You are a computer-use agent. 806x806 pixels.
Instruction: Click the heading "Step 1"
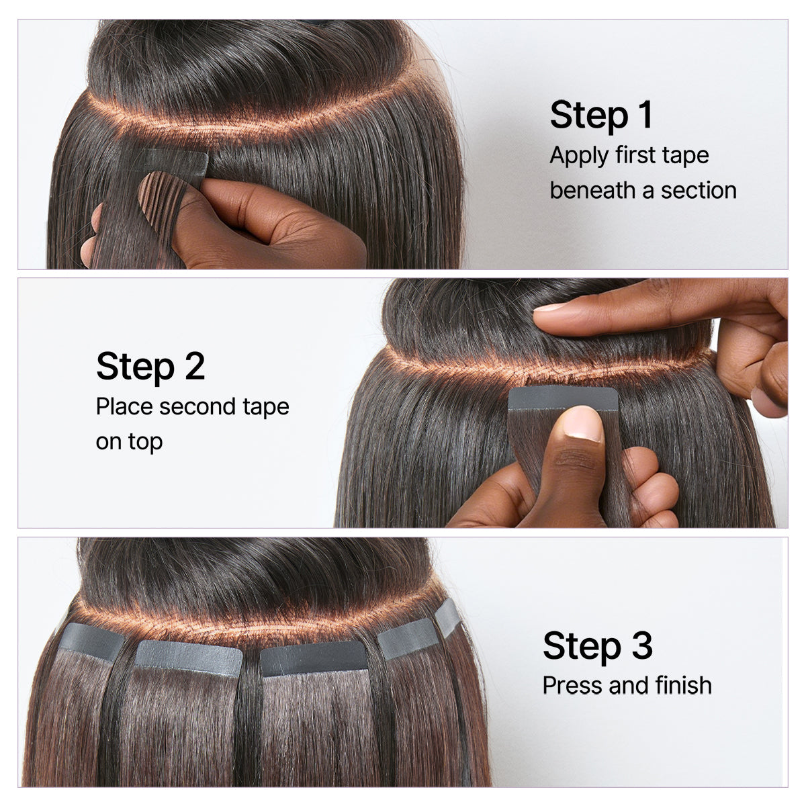click(601, 115)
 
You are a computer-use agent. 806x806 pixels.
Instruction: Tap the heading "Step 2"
click(150, 367)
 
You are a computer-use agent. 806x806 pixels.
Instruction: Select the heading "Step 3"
click(597, 645)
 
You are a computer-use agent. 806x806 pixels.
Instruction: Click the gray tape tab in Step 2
click(563, 398)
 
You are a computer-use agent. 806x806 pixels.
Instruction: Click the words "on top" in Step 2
click(129, 441)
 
